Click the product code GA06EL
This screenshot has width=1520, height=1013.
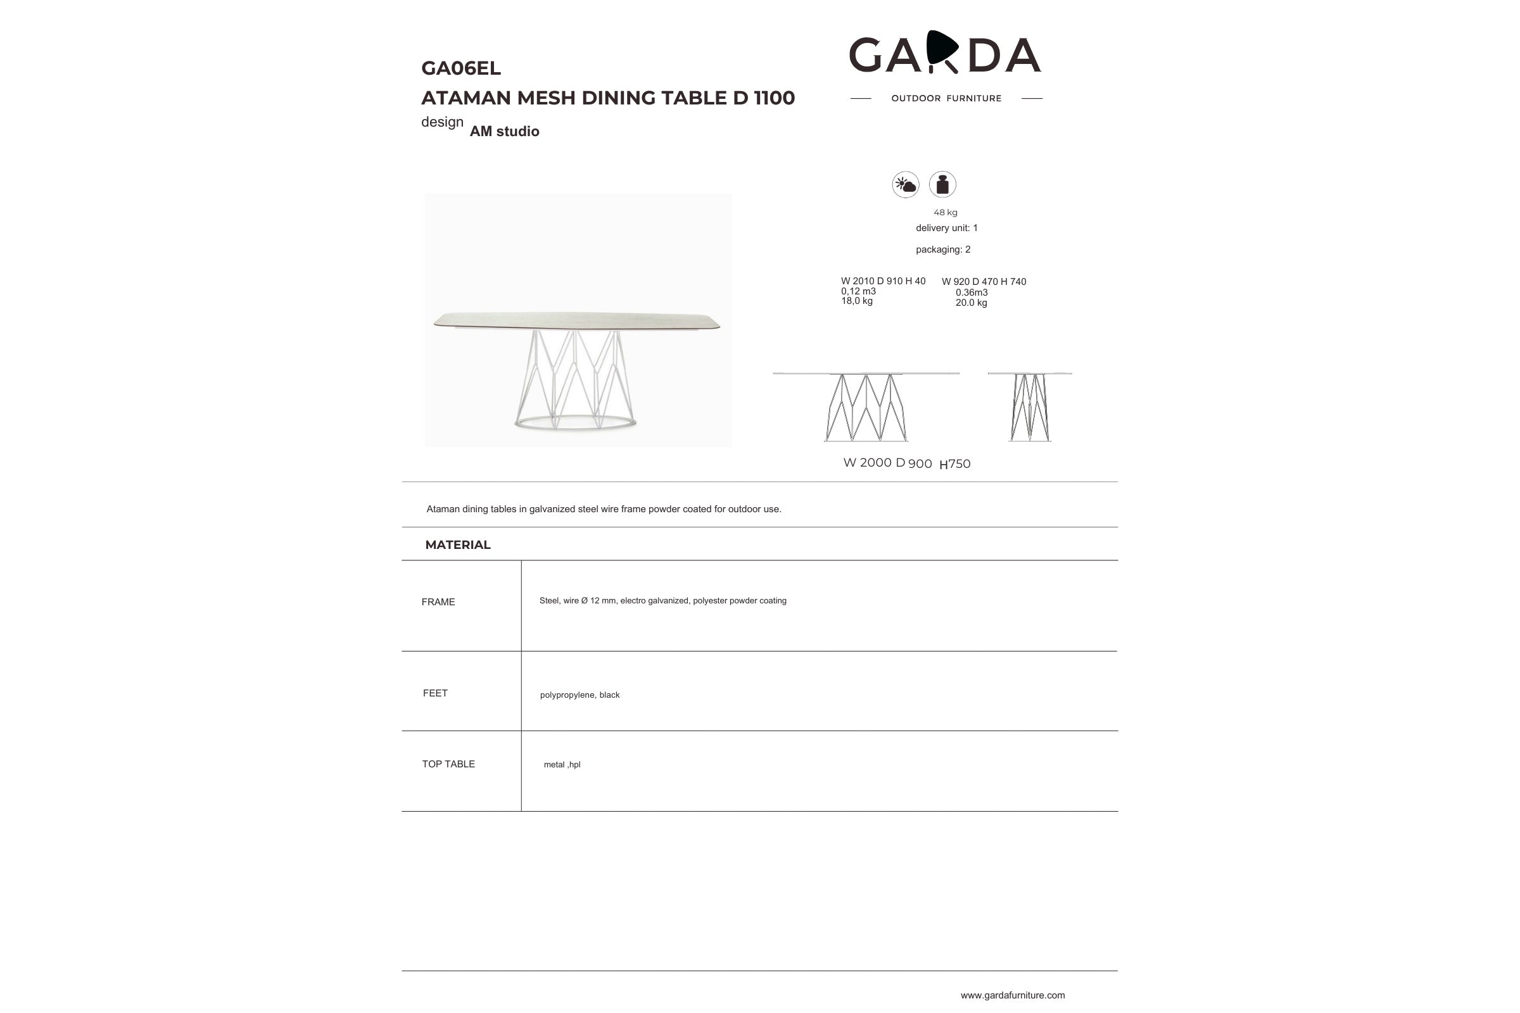(x=461, y=68)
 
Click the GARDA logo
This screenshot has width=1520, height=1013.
(x=945, y=54)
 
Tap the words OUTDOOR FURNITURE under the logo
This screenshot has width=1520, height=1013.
(x=946, y=98)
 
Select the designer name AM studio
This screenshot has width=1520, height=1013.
(x=504, y=131)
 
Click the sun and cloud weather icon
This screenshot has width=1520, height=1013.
(x=906, y=185)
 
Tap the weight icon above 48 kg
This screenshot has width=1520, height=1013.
(x=942, y=185)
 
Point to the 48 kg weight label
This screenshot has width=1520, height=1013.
(x=946, y=213)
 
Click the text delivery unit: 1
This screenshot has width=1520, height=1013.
(x=946, y=228)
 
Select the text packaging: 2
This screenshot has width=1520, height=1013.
(x=943, y=249)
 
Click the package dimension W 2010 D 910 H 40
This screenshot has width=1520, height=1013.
(x=883, y=281)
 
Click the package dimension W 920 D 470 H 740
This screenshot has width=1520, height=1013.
(x=984, y=282)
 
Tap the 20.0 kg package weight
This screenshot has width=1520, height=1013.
(x=971, y=303)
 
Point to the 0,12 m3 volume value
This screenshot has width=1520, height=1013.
(x=858, y=291)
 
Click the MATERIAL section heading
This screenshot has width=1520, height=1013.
(x=457, y=544)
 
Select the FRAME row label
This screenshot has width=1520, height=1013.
(x=438, y=602)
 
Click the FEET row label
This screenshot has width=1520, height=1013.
(x=435, y=693)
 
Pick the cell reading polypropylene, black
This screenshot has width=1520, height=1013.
(x=579, y=695)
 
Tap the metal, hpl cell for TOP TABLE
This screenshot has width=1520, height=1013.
(x=562, y=765)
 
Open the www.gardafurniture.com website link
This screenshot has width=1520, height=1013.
(x=1012, y=995)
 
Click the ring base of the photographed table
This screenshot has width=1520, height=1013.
(x=575, y=424)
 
